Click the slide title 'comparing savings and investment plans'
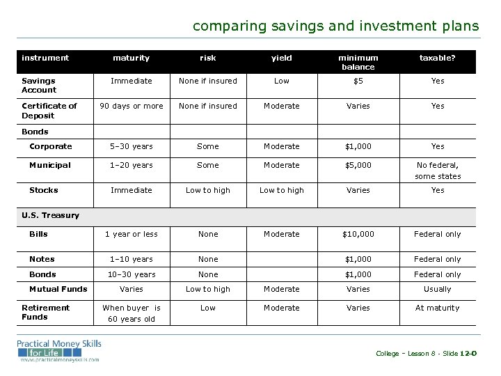point(335,26)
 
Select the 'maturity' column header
point(132,58)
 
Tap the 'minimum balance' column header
point(358,62)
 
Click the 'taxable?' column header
point(437,58)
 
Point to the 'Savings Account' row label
point(39,85)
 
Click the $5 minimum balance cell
point(358,81)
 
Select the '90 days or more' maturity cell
point(132,106)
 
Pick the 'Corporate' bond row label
point(50,146)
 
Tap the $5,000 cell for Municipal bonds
point(358,165)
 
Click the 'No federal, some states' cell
point(438,171)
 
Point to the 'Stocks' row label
point(43,190)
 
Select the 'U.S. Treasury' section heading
point(50,215)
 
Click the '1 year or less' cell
point(132,234)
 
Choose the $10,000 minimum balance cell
point(358,234)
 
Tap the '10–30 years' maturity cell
point(132,274)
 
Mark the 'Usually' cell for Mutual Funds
point(438,289)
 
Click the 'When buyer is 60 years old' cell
point(132,313)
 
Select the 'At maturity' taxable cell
point(438,308)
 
